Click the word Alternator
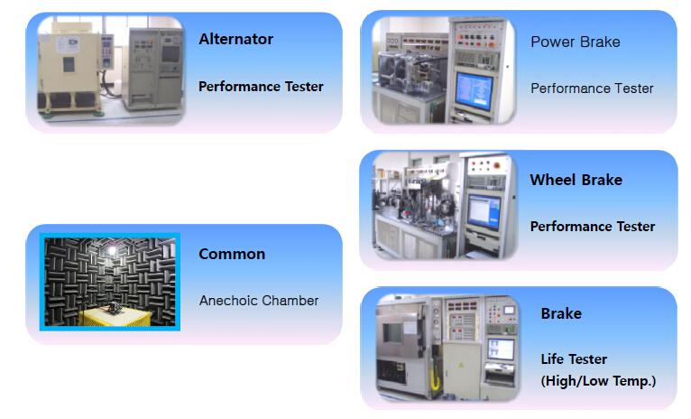(x=235, y=39)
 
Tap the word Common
(x=232, y=254)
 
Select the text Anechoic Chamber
(x=259, y=301)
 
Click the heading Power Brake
(x=576, y=42)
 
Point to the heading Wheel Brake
(x=576, y=180)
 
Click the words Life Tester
(x=574, y=359)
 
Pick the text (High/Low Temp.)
(x=598, y=381)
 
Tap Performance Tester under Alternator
(x=261, y=87)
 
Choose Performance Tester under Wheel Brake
(x=593, y=227)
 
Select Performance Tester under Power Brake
(x=592, y=88)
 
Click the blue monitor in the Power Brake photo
(x=474, y=91)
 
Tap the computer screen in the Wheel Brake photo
(x=484, y=212)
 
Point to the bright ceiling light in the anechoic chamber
(x=112, y=250)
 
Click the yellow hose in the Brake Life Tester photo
(x=435, y=379)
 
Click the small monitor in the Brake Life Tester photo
(x=501, y=349)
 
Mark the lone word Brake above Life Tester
(x=561, y=313)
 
